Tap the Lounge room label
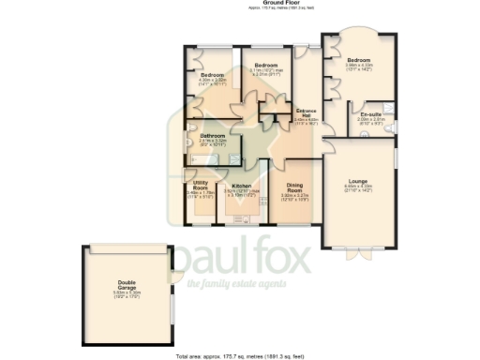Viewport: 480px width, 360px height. [x=357, y=181]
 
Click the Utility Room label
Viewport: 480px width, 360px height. [x=200, y=187]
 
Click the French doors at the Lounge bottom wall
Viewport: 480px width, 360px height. [x=358, y=248]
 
